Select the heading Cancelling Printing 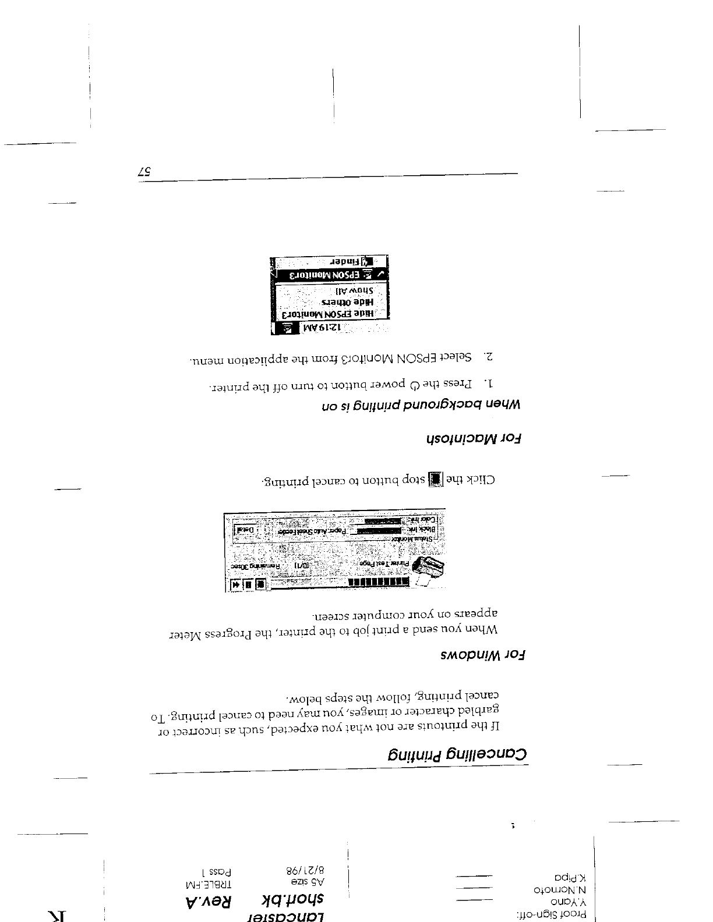pos(458,754)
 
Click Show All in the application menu pos(353,290)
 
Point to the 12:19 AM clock pos(321,329)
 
